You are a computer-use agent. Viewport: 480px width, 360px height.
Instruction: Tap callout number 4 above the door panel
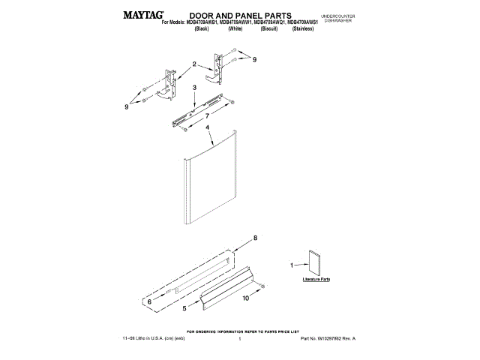click(207, 127)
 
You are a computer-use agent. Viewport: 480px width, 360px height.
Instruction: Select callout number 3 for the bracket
click(194, 88)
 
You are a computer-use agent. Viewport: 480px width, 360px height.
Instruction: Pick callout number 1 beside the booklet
click(292, 265)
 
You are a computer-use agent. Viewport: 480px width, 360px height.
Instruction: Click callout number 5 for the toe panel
click(184, 307)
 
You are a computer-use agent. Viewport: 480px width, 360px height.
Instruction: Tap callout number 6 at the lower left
click(149, 301)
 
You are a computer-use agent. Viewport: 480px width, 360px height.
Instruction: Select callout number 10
click(245, 298)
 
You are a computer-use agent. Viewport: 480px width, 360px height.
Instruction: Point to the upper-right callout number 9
click(254, 58)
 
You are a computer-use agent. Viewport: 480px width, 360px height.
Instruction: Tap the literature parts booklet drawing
click(313, 263)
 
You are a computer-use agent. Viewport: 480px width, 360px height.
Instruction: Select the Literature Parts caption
click(316, 280)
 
